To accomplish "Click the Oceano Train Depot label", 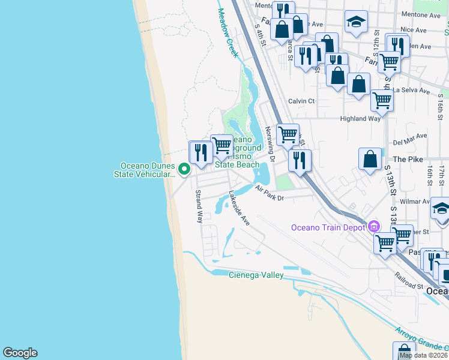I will [329, 227].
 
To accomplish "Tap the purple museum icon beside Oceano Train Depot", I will [374, 226].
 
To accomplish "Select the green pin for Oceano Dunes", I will [184, 170].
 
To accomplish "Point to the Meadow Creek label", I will [228, 33].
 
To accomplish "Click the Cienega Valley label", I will [256, 275].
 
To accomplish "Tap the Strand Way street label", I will [199, 206].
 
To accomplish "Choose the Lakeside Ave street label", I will [238, 208].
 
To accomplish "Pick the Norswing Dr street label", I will [270, 144].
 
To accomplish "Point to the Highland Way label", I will [360, 119].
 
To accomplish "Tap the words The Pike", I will [409, 159].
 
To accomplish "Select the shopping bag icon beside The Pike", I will [370, 160].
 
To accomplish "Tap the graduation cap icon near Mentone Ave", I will [356, 22].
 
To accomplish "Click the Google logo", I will [20, 353].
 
